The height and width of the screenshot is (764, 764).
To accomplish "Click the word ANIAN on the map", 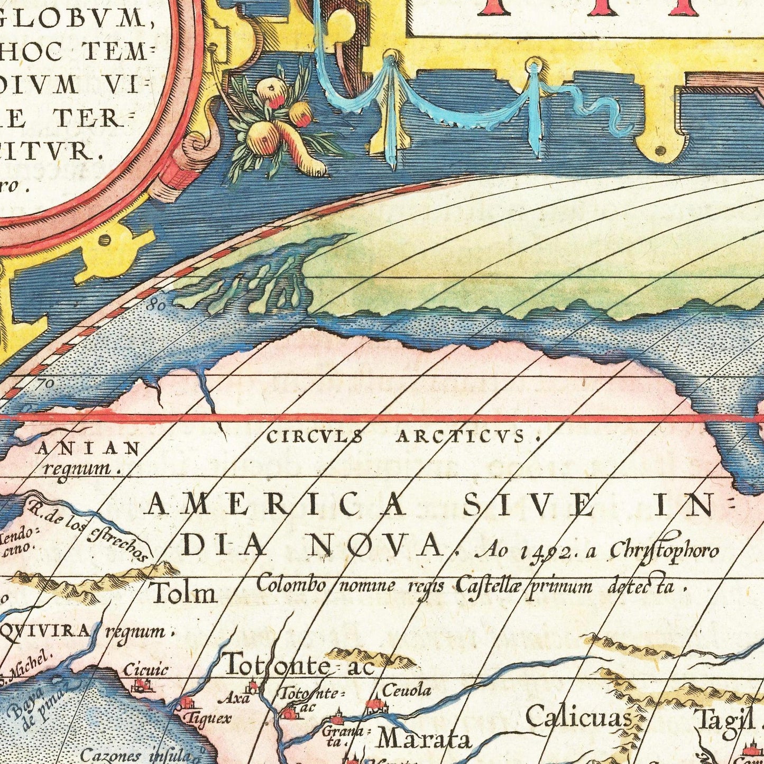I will [88, 449].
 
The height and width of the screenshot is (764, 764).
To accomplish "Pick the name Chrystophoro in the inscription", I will [664, 550].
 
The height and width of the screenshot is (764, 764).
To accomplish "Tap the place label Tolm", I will [183, 593].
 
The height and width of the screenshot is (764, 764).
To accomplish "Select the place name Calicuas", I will [578, 718].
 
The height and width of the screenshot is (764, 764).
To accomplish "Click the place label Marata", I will [425, 739].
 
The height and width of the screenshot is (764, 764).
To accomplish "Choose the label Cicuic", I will [145, 670].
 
